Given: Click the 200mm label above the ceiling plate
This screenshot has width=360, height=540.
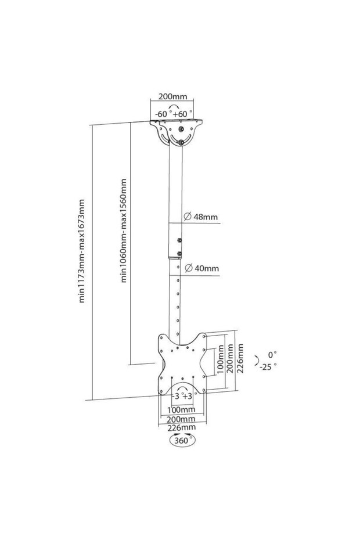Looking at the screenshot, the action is tap(172, 96).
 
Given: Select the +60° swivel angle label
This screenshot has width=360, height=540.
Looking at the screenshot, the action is tap(182, 114).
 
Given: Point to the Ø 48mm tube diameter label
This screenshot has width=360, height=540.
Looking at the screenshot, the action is tap(201, 217).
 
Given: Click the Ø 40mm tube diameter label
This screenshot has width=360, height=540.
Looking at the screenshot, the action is tap(201, 268).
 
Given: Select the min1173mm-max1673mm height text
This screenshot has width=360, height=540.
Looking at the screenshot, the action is tap(82, 251).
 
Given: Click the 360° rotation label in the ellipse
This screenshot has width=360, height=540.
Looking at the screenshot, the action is tap(182, 441).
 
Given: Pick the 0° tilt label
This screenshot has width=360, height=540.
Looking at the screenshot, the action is tap(272, 354).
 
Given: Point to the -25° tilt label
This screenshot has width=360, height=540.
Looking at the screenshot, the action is tap(268, 366).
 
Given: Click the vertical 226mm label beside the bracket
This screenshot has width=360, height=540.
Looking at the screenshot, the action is tap(240, 358).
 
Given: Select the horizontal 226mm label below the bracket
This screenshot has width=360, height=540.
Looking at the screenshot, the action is tap(181, 427).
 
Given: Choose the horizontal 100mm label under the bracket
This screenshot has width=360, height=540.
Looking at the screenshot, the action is tap(181, 409).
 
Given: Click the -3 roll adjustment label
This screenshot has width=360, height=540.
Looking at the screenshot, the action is tap(175, 396).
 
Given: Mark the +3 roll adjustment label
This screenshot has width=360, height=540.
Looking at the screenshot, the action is tap(187, 396).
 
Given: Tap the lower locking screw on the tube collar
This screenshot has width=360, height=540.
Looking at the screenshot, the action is tap(179, 254).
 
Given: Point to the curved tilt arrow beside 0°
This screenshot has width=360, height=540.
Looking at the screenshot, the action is tap(258, 359).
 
